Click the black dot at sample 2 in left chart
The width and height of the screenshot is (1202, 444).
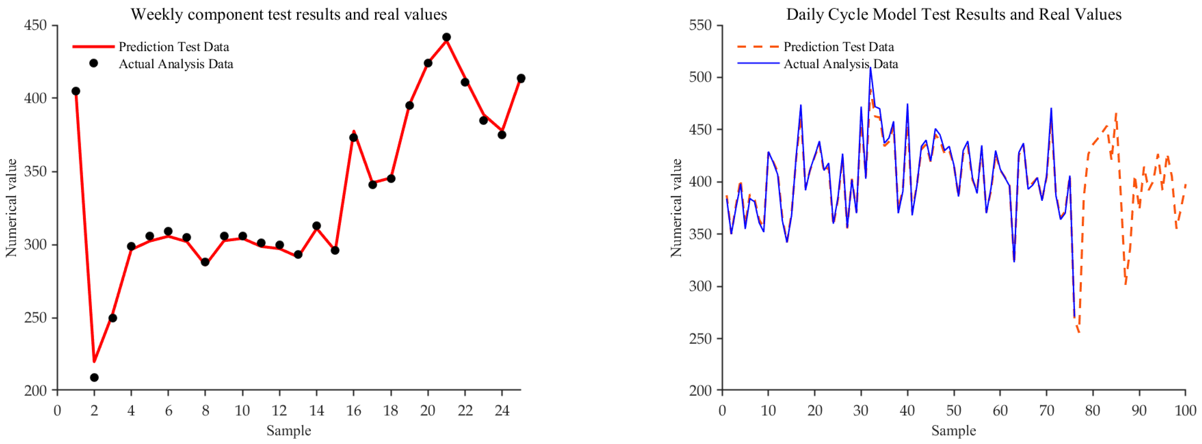[x=94, y=377]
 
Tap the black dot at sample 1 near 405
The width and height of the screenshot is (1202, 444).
[x=76, y=91]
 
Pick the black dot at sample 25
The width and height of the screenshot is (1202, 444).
[x=521, y=78]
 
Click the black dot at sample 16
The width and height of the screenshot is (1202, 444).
[x=354, y=137]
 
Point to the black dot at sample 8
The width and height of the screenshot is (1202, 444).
[x=205, y=262]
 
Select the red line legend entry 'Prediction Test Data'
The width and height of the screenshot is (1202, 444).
[x=174, y=47]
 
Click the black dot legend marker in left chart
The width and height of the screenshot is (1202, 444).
[x=94, y=63]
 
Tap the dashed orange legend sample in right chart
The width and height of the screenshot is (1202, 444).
[x=758, y=47]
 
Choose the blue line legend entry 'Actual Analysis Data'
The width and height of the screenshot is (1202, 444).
[x=840, y=64]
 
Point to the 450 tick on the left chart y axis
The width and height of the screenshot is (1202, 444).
[x=36, y=25]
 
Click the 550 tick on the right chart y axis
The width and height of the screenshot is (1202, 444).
[x=701, y=25]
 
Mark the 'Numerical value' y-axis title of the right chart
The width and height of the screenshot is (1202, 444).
[x=676, y=208]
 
